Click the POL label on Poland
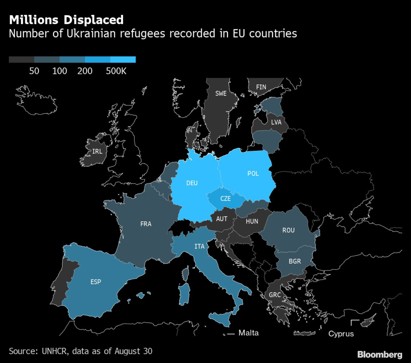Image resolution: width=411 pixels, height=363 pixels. pos(253,174)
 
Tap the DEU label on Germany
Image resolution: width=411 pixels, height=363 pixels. pos(192,183)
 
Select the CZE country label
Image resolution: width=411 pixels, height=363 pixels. pos(226,198)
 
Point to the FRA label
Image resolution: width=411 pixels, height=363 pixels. pos(146,224)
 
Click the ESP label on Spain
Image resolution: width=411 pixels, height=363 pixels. pos(96,282)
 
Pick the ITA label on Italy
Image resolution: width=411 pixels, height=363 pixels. pos(199,246)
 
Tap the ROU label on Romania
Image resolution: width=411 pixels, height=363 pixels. pos(288,230)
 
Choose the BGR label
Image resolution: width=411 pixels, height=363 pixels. pos(294,261)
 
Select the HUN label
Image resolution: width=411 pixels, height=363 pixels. pos(252,221)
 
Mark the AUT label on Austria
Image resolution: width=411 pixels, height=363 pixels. pos(222,219)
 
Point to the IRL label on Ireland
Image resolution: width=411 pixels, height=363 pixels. pos(97,151)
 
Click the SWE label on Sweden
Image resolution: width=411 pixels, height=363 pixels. pos(221,93)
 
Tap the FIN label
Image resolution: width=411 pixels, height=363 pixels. pos(261,87)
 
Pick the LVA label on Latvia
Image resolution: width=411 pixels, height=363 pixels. pos(276,122)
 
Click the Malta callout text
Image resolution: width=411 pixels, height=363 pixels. pos(248,333)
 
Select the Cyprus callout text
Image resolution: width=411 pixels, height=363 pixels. pos(341,334)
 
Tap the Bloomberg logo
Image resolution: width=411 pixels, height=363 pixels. pos(379,354)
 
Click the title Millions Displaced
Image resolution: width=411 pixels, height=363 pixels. pos(66,20)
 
